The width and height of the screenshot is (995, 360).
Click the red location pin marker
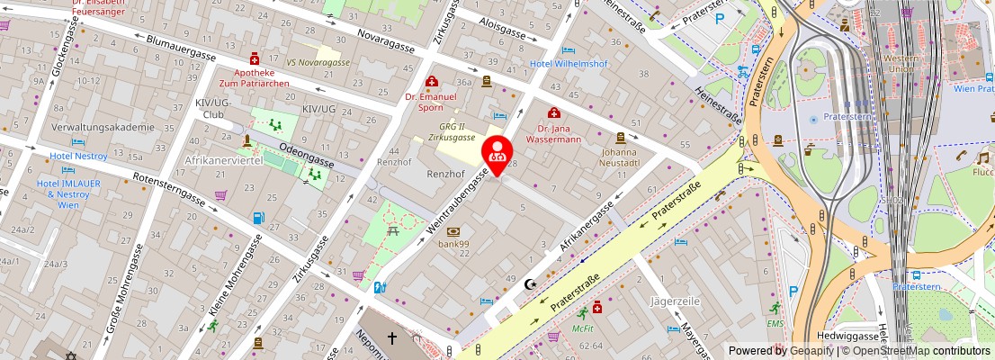click(x=497, y=153)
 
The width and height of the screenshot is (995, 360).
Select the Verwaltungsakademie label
click(x=103, y=127)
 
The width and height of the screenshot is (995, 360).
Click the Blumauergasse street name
click(x=180, y=48)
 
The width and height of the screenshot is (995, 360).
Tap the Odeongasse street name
click(x=307, y=152)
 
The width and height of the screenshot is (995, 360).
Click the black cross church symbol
click(x=391, y=338)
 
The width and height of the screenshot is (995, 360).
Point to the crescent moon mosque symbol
click(x=529, y=283)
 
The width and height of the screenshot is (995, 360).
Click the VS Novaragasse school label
click(x=318, y=62)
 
